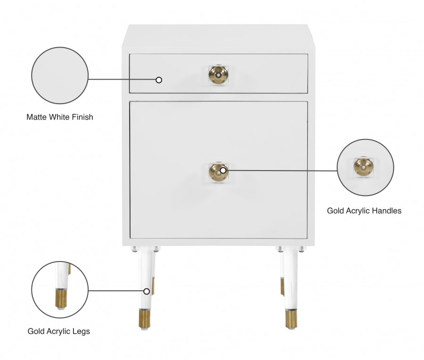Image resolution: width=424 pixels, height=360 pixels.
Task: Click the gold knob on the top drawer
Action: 218,74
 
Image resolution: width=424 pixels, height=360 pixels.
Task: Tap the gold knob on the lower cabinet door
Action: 218,172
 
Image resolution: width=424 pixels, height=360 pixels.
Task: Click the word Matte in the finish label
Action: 36,117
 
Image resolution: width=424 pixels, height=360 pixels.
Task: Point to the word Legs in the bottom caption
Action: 81,331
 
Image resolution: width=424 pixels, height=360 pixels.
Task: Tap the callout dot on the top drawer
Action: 159,80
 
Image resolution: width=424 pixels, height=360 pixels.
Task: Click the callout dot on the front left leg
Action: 147,291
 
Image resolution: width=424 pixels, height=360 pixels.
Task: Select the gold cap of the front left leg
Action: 145,319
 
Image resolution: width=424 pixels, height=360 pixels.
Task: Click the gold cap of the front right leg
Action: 291,319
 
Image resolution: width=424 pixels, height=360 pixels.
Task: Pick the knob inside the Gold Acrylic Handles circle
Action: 364,167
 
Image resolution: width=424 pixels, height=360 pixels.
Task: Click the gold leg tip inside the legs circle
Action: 61,298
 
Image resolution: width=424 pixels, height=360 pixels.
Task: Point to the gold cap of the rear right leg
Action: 282,286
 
